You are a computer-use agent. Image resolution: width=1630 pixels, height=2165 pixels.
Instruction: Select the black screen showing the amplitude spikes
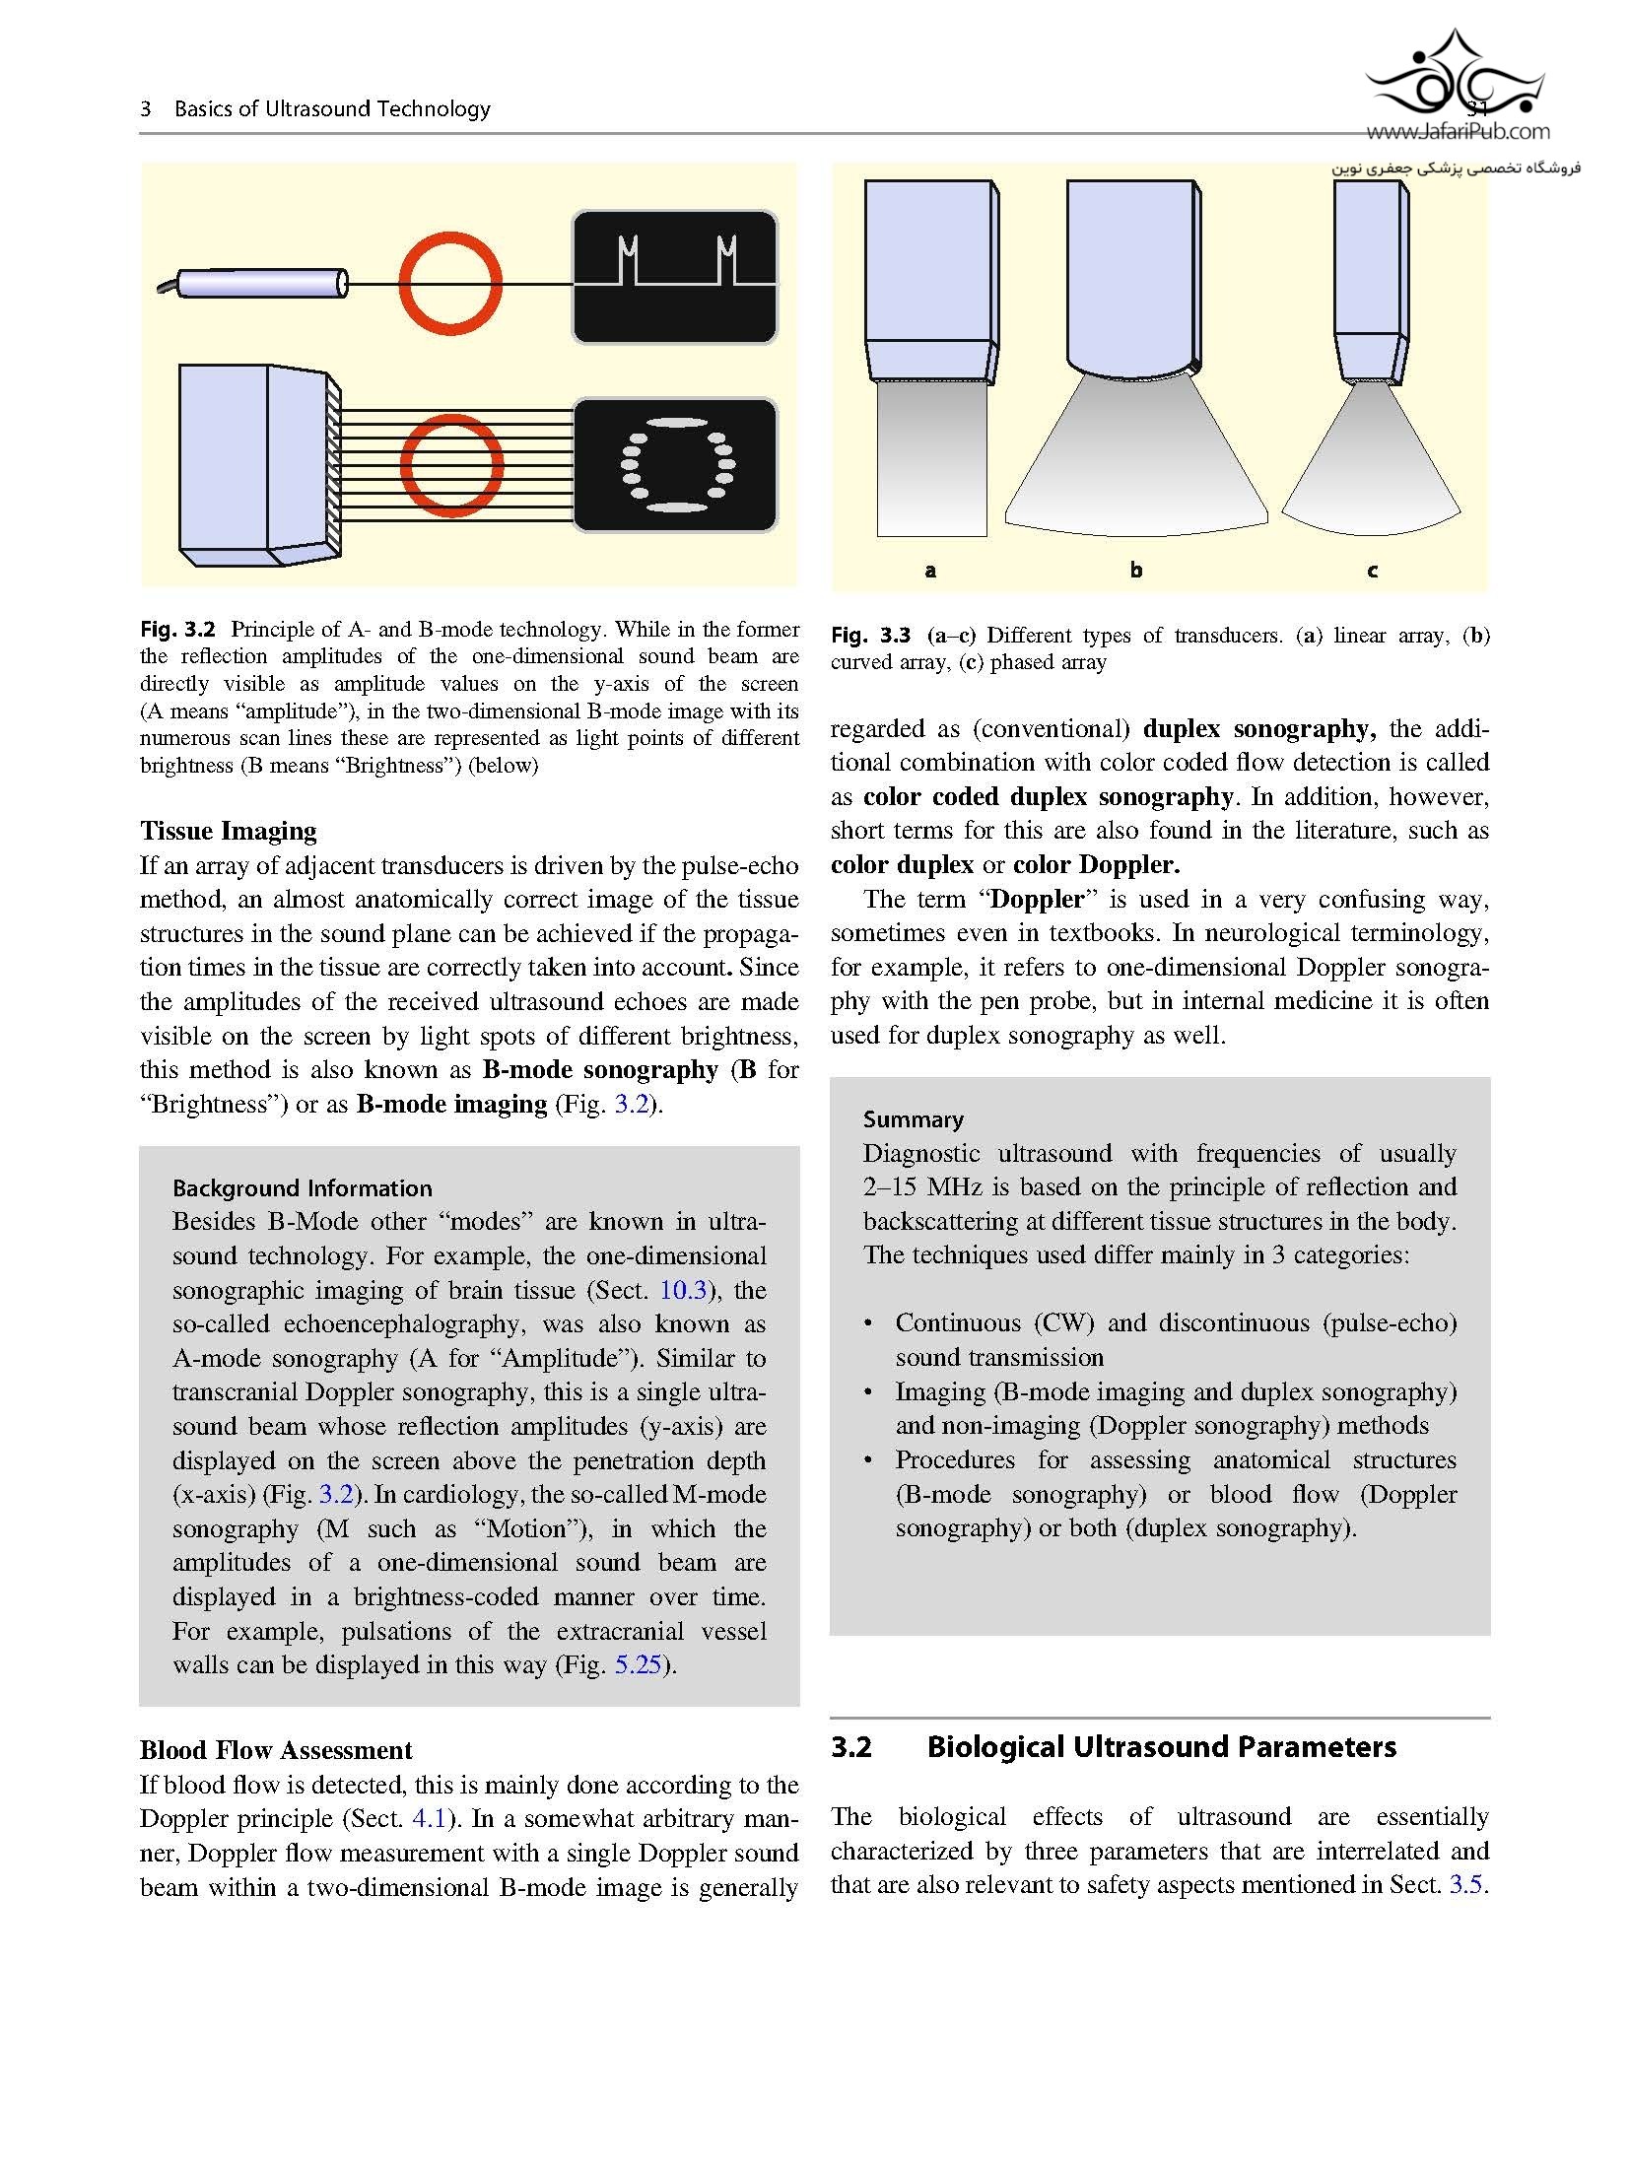point(675,277)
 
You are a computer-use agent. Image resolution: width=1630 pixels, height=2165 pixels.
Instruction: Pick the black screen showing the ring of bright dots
point(675,464)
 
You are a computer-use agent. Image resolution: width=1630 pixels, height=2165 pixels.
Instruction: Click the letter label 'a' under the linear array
point(930,571)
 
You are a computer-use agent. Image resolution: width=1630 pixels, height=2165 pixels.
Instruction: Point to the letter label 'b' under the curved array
point(1136,571)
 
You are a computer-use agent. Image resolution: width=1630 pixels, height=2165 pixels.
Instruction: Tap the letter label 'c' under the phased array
point(1372,571)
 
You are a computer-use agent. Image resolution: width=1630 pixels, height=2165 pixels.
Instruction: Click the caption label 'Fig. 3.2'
point(177,630)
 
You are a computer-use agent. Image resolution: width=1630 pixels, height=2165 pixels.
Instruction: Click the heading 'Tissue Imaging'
point(228,831)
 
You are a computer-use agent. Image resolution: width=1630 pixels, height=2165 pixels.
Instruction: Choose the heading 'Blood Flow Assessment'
point(276,1750)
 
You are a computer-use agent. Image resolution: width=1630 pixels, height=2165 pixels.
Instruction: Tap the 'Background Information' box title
point(302,1187)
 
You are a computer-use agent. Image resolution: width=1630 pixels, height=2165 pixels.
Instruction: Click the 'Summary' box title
point(913,1119)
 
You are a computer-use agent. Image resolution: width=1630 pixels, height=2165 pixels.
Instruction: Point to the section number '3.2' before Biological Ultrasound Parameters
point(851,1747)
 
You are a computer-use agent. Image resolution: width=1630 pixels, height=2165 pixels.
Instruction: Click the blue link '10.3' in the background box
point(682,1290)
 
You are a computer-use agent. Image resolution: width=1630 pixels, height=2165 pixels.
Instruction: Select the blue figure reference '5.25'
point(638,1664)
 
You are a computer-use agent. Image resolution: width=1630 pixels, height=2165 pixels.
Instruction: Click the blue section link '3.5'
point(1465,1884)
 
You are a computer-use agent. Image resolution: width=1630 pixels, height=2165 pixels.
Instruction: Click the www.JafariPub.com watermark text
point(1458,131)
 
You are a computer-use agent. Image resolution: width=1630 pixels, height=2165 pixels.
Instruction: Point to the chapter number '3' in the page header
point(146,109)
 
